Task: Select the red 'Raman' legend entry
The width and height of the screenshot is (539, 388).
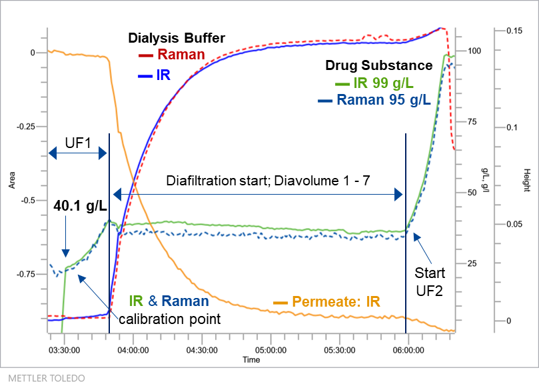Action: (x=181, y=55)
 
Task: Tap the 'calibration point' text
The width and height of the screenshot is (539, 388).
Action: (x=169, y=319)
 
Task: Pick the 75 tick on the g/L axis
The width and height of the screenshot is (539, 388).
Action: (x=474, y=122)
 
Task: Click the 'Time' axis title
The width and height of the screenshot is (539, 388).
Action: (x=251, y=360)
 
